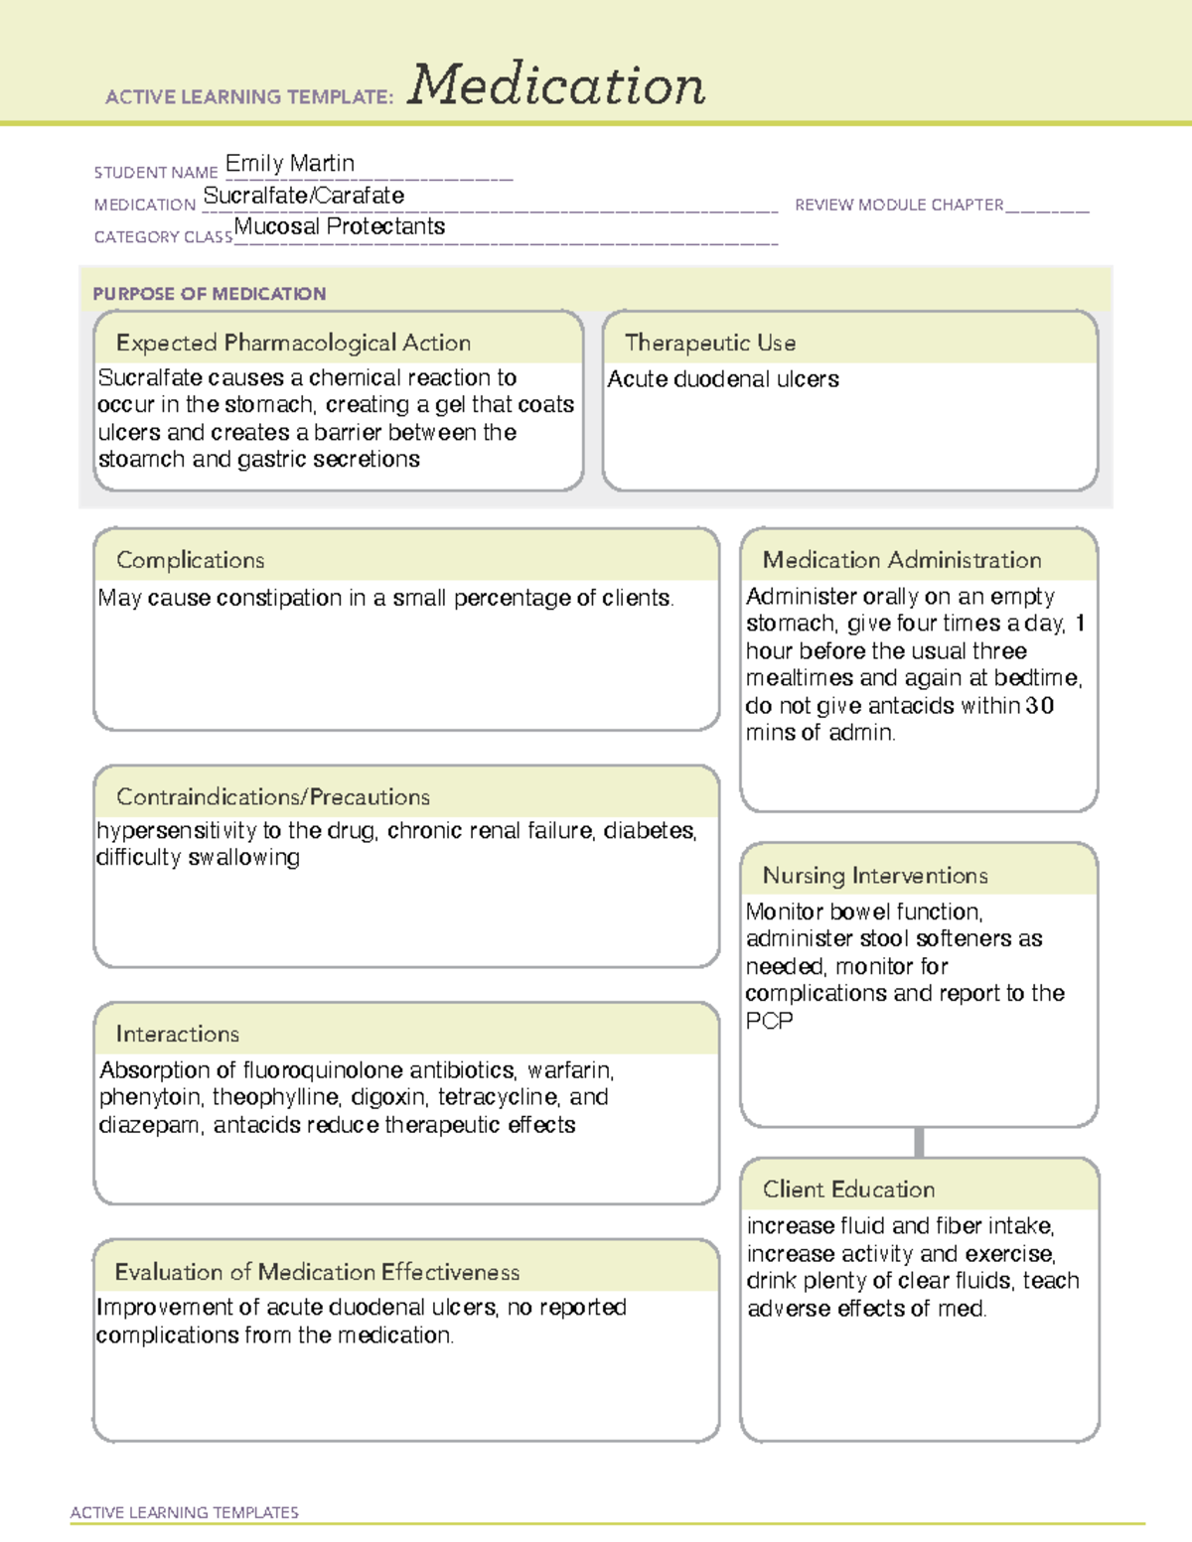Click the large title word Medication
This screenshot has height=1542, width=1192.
556,85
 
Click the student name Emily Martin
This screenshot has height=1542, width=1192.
289,163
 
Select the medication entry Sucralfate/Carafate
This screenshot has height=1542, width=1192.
303,196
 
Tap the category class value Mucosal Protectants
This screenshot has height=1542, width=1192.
339,226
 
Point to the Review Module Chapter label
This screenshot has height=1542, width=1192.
898,205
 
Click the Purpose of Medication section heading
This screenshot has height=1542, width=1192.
209,294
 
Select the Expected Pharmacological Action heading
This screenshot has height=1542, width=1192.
293,343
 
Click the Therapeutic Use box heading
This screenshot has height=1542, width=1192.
709,343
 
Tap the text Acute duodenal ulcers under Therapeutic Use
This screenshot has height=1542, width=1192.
722,379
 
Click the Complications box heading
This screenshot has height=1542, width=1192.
190,560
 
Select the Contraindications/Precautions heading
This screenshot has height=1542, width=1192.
272,796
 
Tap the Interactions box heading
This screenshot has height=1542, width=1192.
177,1034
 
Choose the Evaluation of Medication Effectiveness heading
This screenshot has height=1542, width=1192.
317,1272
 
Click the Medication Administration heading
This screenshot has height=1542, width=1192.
901,560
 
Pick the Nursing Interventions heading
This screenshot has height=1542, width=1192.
874,875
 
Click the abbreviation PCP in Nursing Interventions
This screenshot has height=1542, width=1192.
769,1021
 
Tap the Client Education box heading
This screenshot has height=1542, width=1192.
847,1189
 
